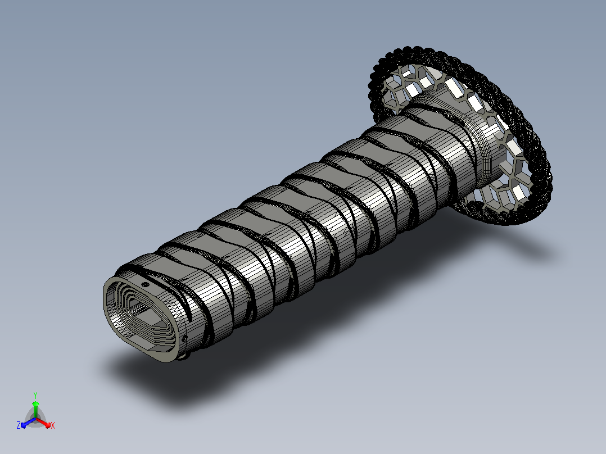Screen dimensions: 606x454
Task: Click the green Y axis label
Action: click(35, 395)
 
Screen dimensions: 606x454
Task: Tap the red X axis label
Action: click(53, 425)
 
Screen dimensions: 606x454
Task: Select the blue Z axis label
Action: click(19, 425)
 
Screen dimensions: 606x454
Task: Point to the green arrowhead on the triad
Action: click(35, 404)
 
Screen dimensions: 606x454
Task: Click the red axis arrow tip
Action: click(48, 425)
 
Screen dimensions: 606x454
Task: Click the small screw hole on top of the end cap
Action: click(146, 285)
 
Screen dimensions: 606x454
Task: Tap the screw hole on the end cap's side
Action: click(184, 339)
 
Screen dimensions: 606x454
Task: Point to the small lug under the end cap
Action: click(183, 356)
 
